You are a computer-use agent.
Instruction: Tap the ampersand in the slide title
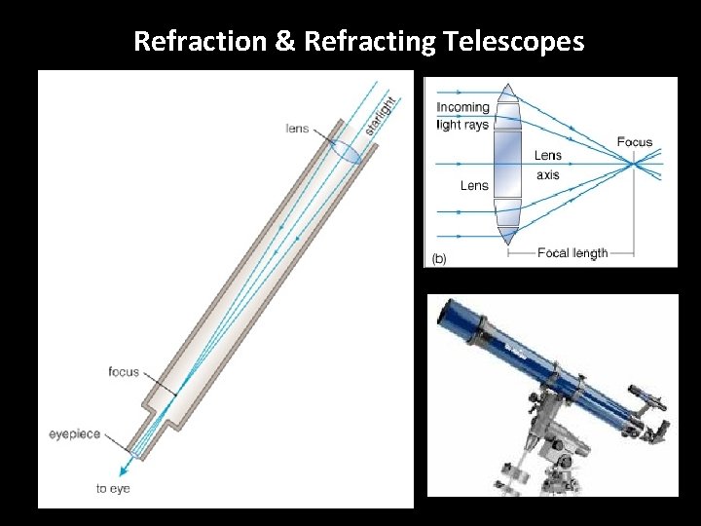[288, 41]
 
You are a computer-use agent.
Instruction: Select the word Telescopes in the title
[512, 41]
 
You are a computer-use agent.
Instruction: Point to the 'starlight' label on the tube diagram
[382, 114]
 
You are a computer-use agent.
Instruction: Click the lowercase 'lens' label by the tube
[297, 128]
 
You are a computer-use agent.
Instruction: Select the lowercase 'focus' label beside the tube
[124, 372]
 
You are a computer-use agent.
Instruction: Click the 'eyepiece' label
[75, 433]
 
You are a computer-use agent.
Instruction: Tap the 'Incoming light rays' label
[462, 116]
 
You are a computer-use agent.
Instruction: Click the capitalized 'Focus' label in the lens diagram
[635, 142]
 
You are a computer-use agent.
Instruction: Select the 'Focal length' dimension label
[572, 253]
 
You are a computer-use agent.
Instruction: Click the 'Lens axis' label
[547, 165]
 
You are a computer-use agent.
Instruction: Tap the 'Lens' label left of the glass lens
[474, 185]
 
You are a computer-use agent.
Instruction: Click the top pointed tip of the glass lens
[508, 87]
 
